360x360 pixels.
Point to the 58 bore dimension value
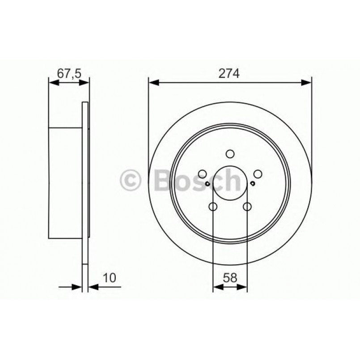click(x=230, y=278)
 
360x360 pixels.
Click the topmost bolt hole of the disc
click(x=230, y=154)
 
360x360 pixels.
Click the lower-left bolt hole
click(x=213, y=207)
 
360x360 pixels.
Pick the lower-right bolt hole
click(x=247, y=207)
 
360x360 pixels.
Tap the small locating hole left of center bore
click(x=208, y=183)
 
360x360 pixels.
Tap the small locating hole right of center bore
click(x=253, y=183)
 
